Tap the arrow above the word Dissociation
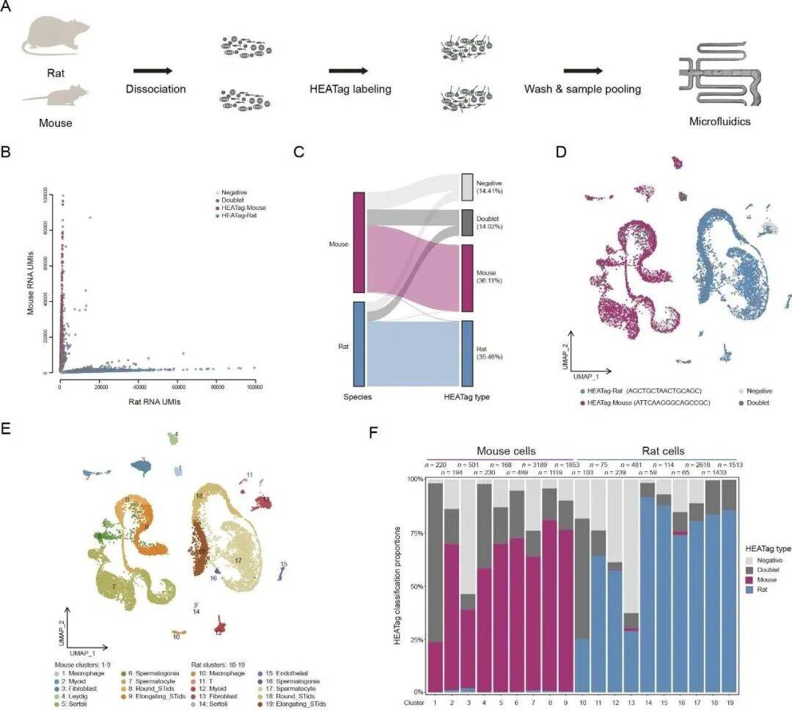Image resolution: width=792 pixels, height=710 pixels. point(153,71)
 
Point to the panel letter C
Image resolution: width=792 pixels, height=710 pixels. point(297,153)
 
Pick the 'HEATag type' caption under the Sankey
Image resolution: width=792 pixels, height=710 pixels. point(467,397)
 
